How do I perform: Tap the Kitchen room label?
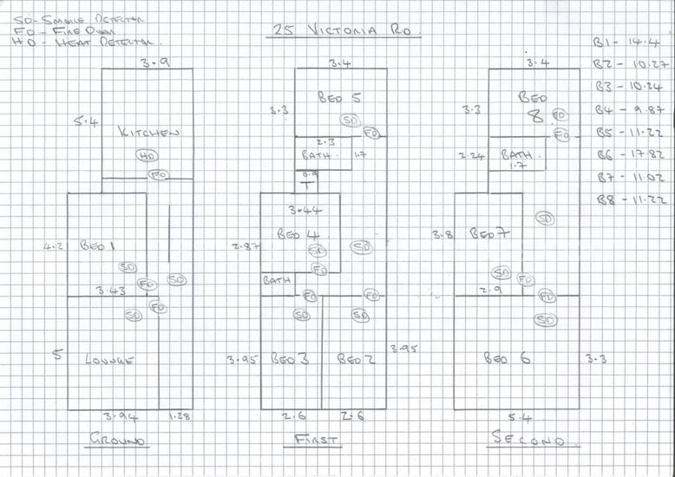(149, 133)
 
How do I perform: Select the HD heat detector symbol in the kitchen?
(147, 156)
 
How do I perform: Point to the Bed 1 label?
(97, 246)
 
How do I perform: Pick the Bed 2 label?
(356, 359)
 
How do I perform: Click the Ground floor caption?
(120, 441)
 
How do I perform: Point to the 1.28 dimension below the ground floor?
(180, 417)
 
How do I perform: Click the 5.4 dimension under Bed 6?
(519, 418)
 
